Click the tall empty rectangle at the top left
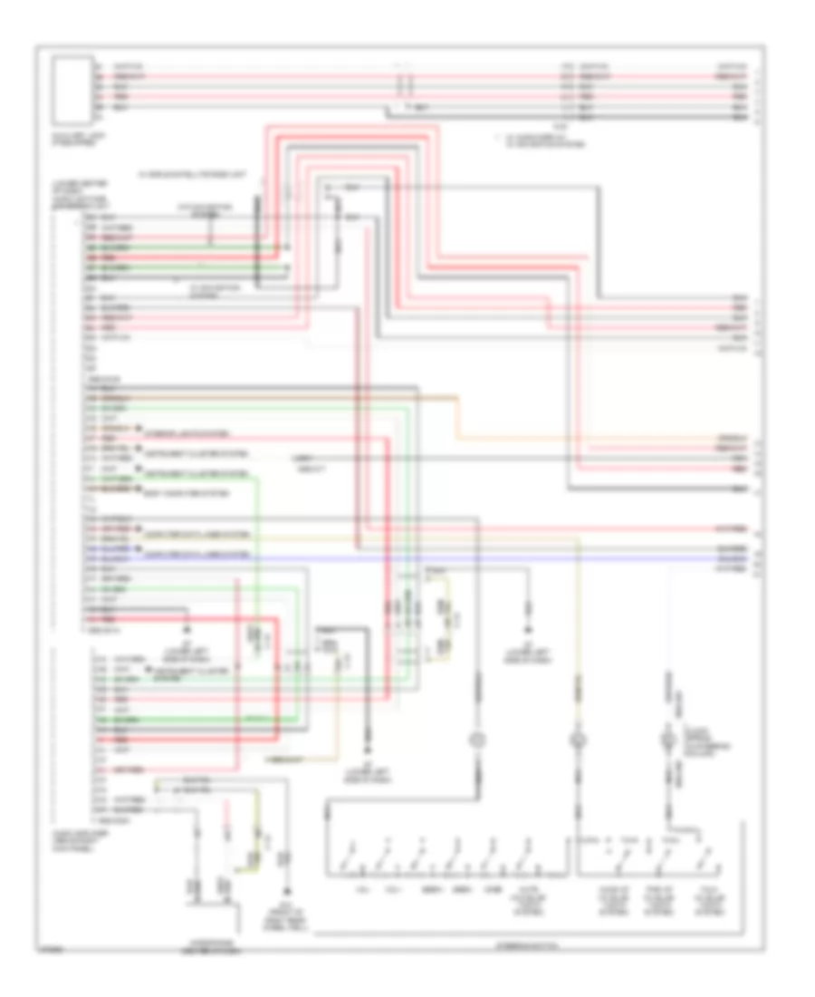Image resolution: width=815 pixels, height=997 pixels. click(x=72, y=91)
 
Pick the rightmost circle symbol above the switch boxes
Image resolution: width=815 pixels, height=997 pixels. click(x=670, y=741)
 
